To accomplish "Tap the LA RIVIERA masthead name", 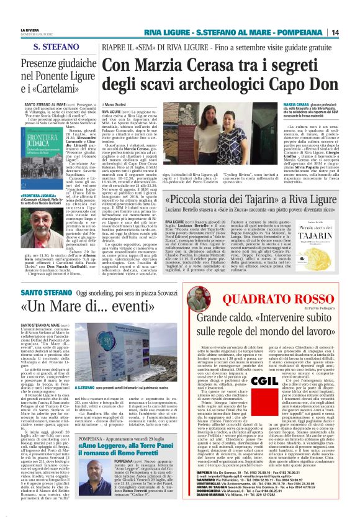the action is (x=29, y=29).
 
